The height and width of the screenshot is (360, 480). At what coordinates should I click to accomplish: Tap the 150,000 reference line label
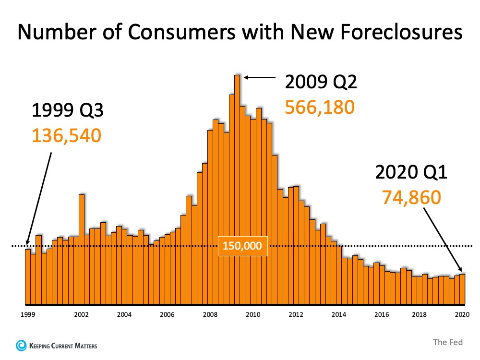[x=242, y=246]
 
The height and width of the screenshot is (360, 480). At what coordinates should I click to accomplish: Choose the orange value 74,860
[x=411, y=196]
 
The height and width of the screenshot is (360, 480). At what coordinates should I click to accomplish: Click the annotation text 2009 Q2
[x=321, y=83]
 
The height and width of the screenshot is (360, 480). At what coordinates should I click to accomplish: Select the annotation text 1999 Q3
[x=67, y=111]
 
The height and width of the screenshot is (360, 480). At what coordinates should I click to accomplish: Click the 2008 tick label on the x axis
[x=210, y=315]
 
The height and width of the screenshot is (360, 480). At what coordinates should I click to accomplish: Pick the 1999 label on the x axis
[x=27, y=315]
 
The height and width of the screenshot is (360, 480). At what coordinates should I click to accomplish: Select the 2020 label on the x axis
[x=462, y=315]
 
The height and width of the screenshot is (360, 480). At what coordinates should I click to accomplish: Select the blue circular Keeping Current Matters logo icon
[x=21, y=345]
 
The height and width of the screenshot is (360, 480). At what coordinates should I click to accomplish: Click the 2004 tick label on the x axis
[x=124, y=315]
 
